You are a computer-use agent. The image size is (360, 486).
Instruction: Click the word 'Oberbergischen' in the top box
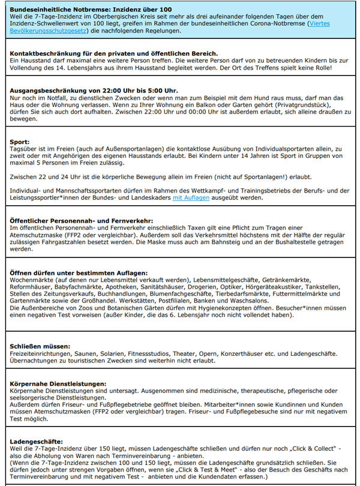coord(119,17)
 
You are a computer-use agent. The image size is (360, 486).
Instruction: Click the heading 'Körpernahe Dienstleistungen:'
coord(58,383)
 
